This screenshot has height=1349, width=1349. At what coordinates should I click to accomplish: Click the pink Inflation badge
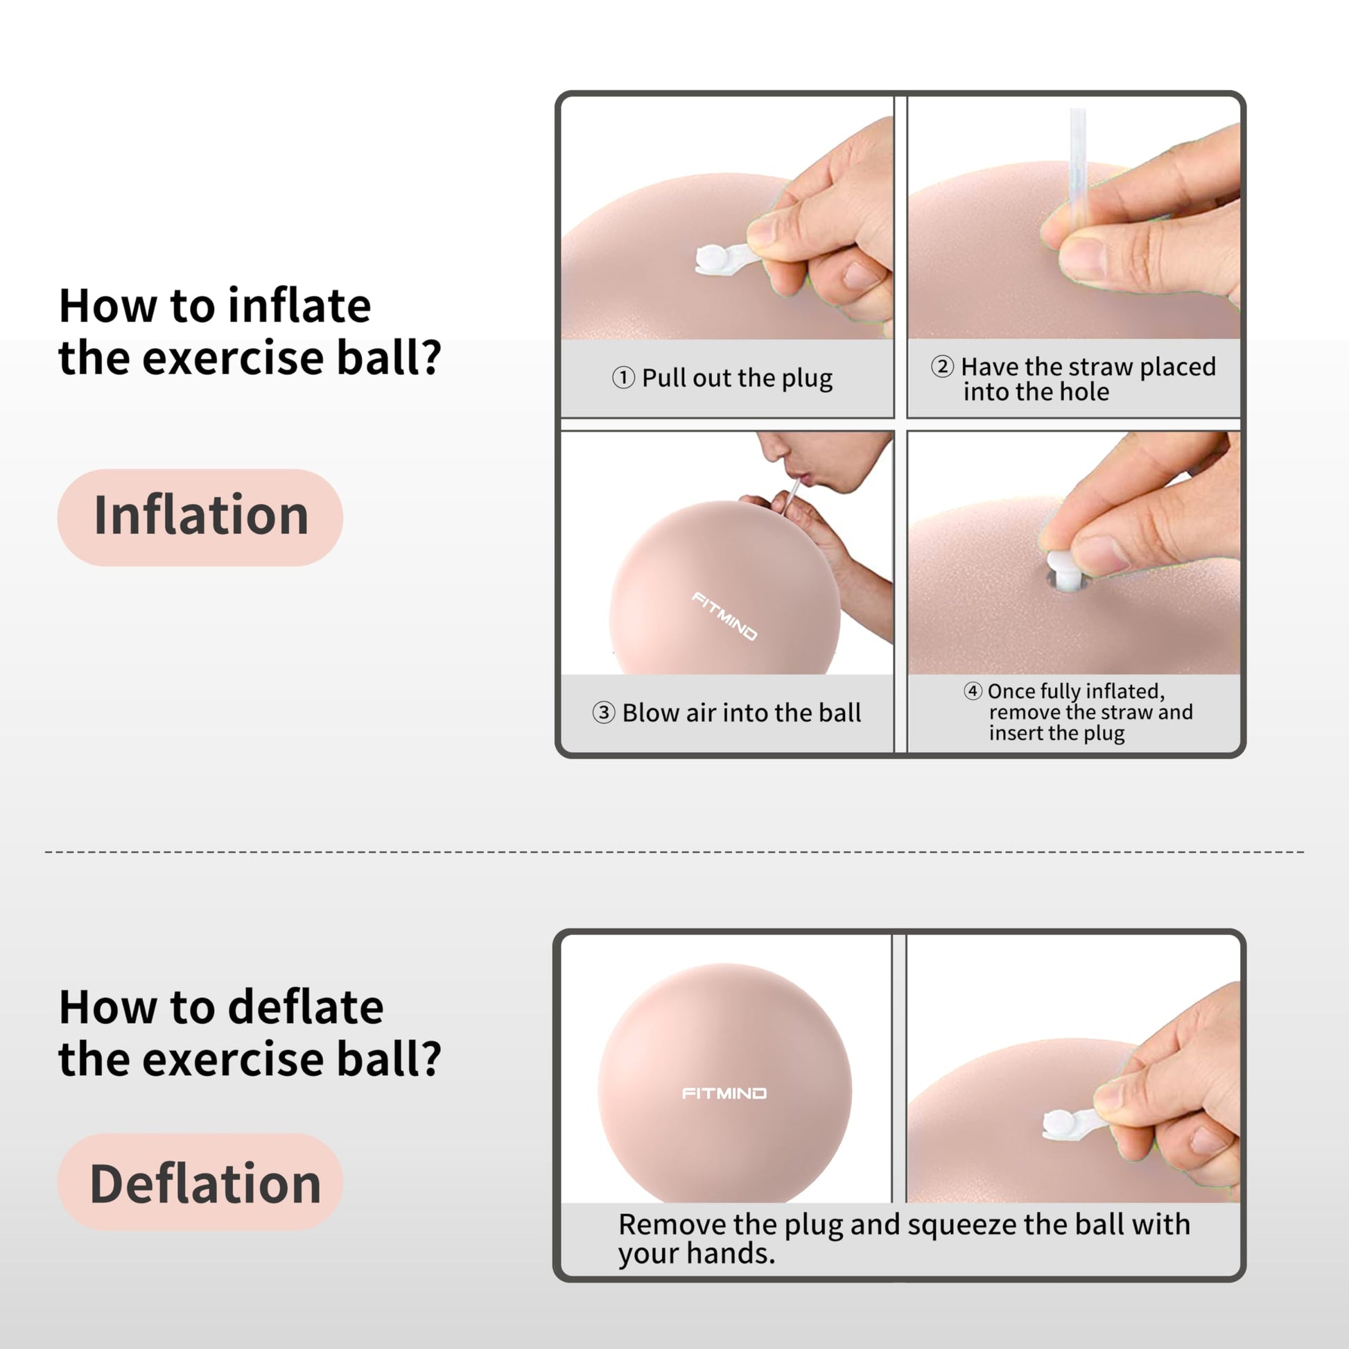(x=200, y=517)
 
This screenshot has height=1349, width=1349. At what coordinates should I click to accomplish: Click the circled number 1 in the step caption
(x=623, y=378)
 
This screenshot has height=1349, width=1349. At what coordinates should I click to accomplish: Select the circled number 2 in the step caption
(x=943, y=366)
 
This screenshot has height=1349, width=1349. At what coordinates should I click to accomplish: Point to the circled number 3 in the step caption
(x=604, y=713)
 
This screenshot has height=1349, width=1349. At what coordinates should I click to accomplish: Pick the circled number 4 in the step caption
(x=973, y=691)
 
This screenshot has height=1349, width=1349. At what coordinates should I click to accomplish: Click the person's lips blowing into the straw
(x=803, y=477)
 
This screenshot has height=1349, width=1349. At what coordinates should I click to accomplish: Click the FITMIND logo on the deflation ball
(x=724, y=1093)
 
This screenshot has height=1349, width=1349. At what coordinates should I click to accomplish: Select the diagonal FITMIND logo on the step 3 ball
(x=725, y=616)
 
